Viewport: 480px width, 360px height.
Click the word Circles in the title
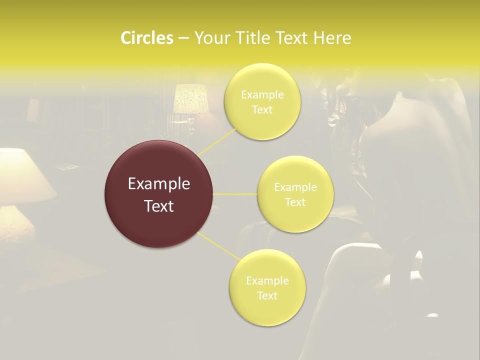147,38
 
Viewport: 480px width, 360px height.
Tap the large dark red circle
158,194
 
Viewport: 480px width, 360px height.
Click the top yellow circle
262,101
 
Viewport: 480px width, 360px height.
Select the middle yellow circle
295,194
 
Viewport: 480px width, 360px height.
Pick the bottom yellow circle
267,287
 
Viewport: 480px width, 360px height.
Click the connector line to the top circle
217,141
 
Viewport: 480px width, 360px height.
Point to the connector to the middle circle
234,194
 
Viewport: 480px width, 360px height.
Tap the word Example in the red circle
158,184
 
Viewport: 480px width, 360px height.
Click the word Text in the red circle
158,206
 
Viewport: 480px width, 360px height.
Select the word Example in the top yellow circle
262,95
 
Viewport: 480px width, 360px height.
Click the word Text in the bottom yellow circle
267,295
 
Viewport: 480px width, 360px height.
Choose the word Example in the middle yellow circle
295,187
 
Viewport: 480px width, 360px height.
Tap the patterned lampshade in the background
190,99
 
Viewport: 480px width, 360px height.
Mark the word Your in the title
210,38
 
